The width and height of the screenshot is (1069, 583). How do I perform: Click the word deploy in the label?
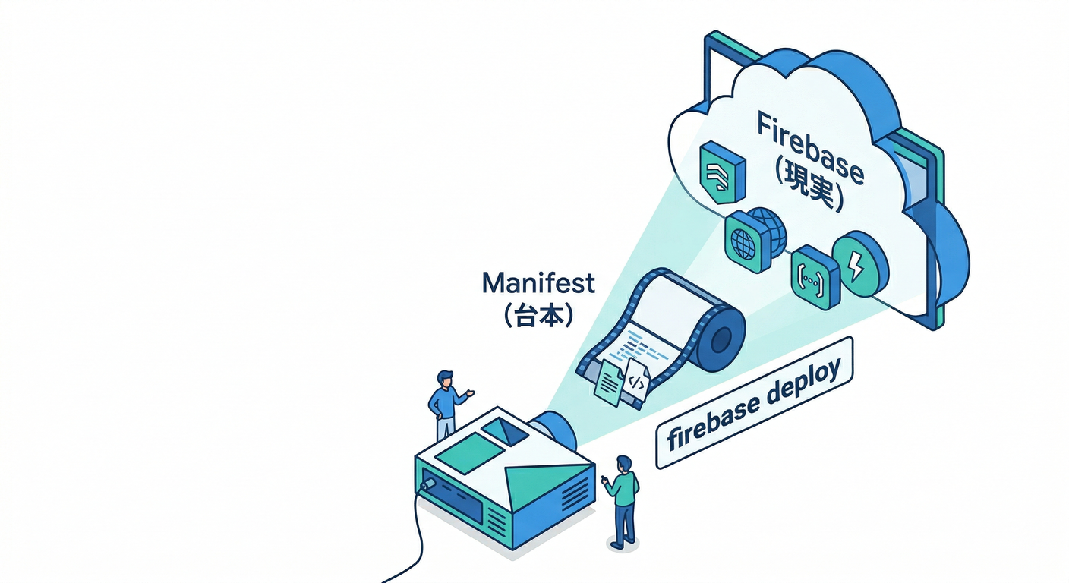point(801,386)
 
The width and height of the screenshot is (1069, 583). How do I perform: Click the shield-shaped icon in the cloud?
point(721,172)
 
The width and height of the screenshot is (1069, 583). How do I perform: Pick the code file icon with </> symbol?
point(636,385)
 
